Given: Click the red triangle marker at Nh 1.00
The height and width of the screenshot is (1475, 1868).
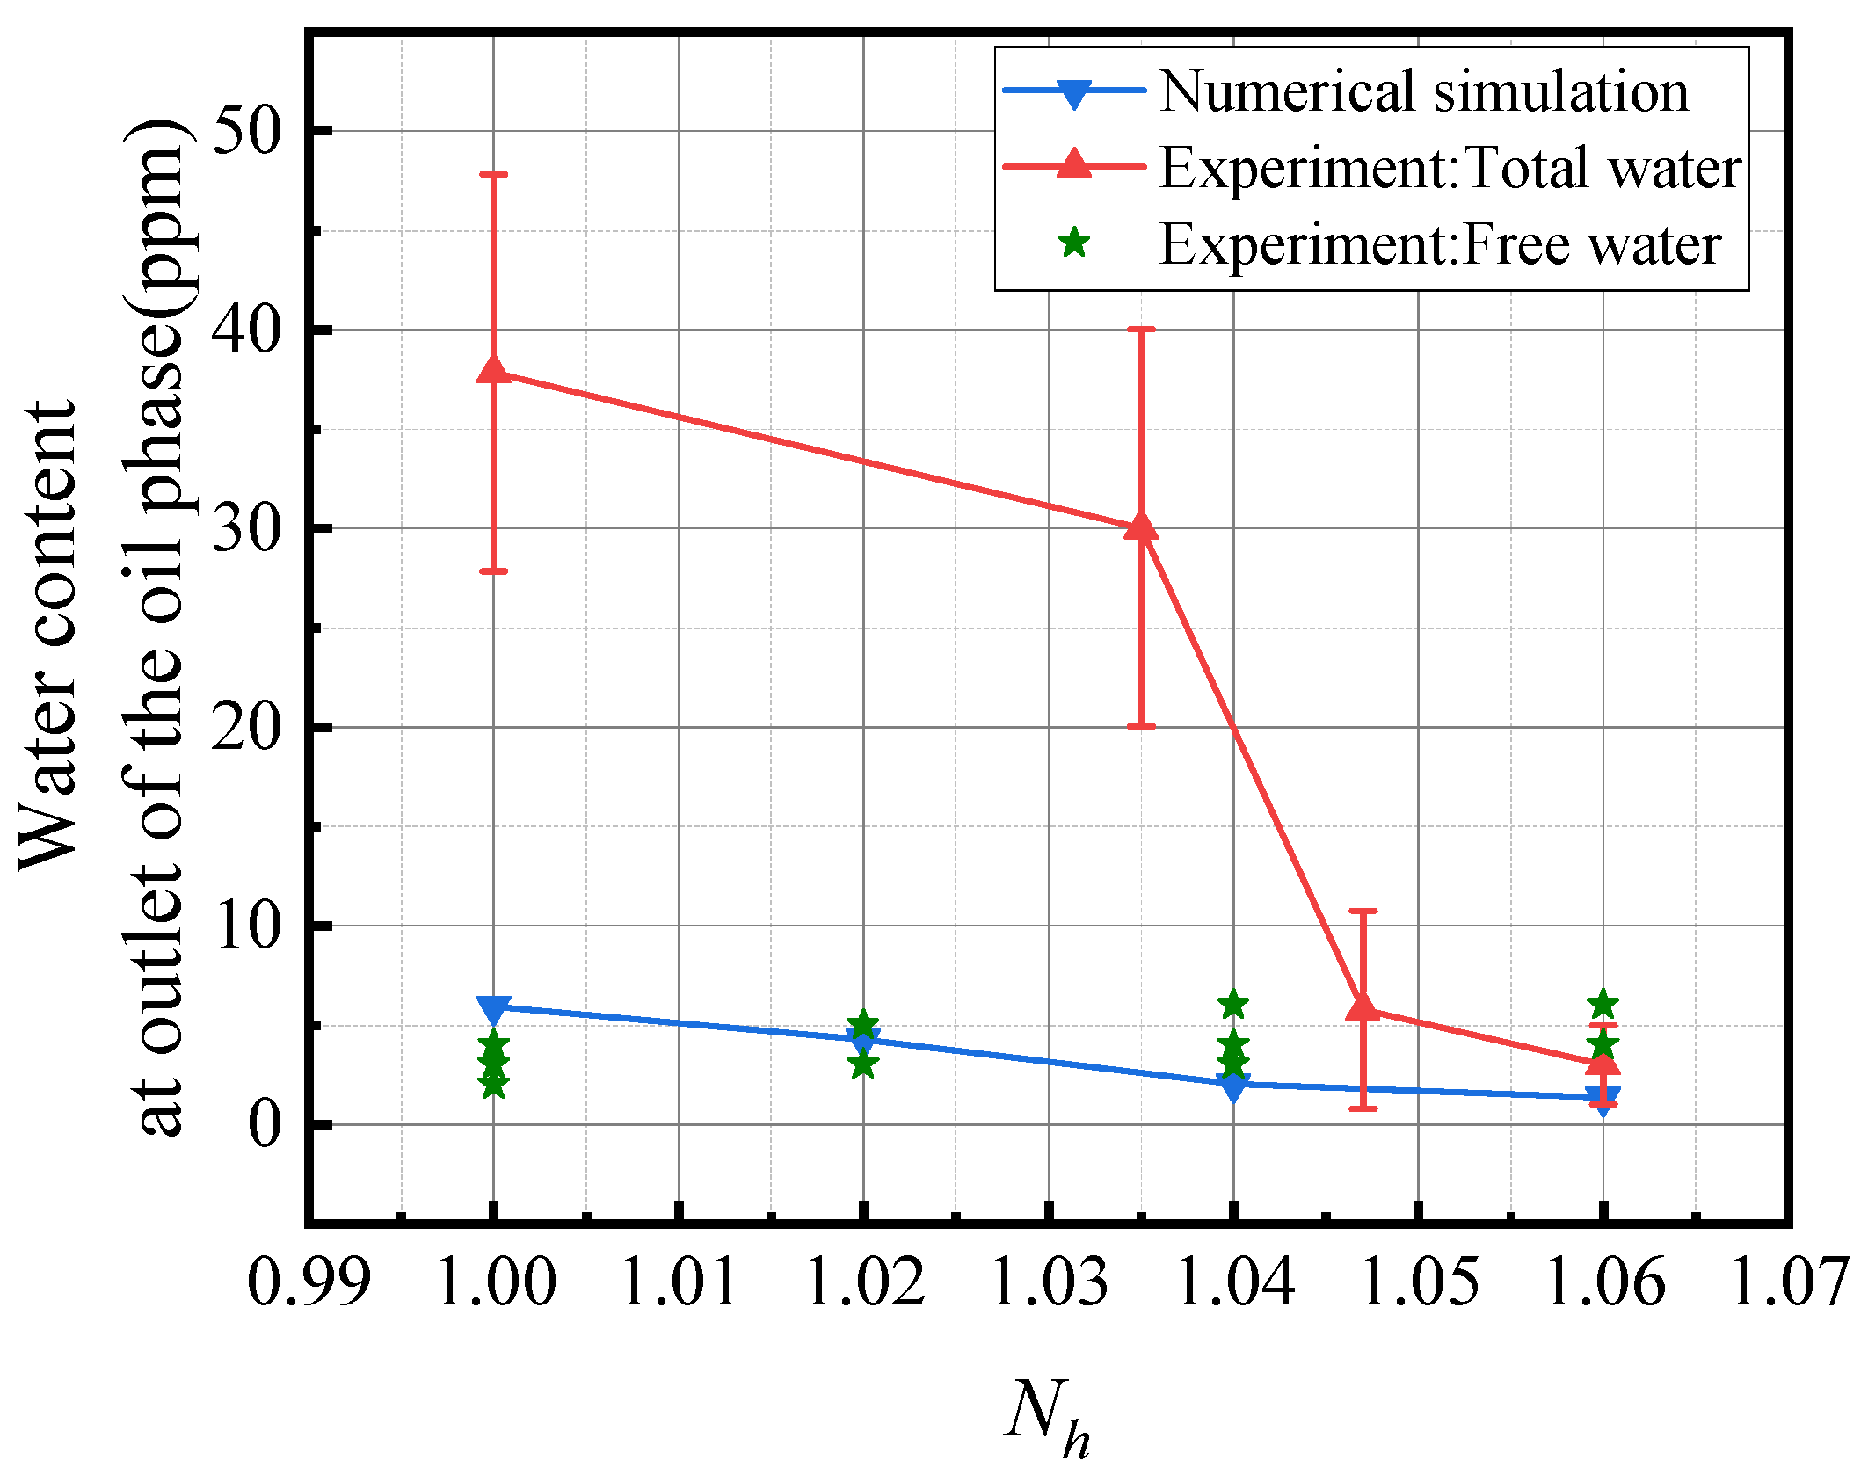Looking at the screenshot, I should pyautogui.click(x=493, y=370).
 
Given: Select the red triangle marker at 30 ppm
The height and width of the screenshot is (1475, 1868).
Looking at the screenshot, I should pyautogui.click(x=1141, y=527).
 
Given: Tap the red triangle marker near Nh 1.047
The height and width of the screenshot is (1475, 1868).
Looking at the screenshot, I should pyautogui.click(x=1363, y=1006).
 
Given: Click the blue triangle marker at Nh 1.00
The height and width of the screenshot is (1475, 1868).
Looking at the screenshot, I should pyautogui.click(x=493, y=1009).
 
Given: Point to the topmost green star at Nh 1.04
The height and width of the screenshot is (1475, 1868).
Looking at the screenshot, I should pyautogui.click(x=1233, y=1003).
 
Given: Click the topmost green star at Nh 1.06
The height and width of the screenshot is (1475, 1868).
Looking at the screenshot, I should pyautogui.click(x=1603, y=1003).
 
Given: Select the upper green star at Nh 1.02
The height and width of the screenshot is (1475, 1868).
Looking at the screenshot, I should pyautogui.click(x=863, y=1023).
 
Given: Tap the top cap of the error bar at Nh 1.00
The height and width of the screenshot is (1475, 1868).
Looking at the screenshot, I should pyautogui.click(x=493, y=174).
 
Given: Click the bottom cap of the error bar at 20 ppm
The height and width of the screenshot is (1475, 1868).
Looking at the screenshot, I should pyautogui.click(x=1141, y=726).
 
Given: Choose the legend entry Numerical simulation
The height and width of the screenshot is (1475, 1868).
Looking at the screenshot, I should pyautogui.click(x=1423, y=91).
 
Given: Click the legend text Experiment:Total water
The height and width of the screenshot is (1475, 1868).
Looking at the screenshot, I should pyautogui.click(x=1450, y=167).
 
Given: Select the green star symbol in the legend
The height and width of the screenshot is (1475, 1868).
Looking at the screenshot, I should pyautogui.click(x=1074, y=242).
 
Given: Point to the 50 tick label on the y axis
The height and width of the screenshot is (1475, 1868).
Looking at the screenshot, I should pyautogui.click(x=246, y=132).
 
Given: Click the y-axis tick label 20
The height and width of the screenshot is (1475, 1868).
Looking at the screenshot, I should pyautogui.click(x=246, y=728).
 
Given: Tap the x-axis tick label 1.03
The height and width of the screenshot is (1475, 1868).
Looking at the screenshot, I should pyautogui.click(x=1049, y=1282).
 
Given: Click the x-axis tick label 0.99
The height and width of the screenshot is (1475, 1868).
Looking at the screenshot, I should pyautogui.click(x=309, y=1282).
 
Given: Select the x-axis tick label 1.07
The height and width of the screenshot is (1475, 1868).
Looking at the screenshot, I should pyautogui.click(x=1789, y=1282).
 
